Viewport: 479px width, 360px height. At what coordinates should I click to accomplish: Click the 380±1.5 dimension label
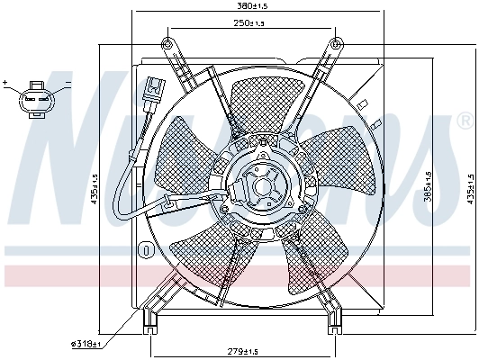click(239, 5)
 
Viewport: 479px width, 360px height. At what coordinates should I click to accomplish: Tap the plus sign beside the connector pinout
click(5, 83)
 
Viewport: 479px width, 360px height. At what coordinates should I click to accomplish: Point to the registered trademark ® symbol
click(463, 121)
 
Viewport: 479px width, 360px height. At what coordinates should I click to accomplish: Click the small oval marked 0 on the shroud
click(143, 249)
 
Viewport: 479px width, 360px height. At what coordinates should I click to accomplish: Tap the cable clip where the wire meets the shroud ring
click(168, 204)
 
